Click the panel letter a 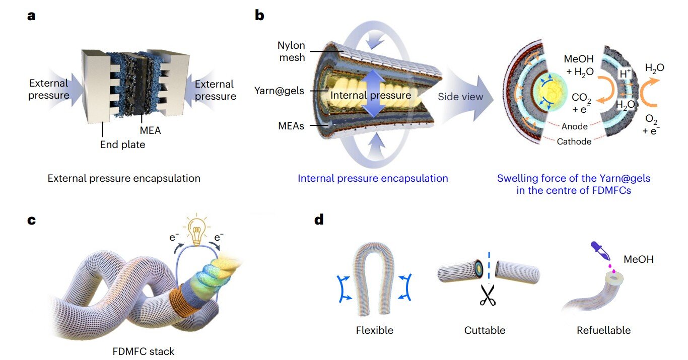click(x=32, y=16)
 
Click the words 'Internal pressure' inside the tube click(x=371, y=94)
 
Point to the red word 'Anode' click(x=575, y=127)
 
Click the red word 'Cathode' click(x=574, y=142)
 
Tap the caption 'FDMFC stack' click(x=144, y=351)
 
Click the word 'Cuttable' click(x=485, y=331)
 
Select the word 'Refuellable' click(x=603, y=331)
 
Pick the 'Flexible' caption click(x=374, y=331)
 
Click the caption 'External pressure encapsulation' click(x=124, y=178)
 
